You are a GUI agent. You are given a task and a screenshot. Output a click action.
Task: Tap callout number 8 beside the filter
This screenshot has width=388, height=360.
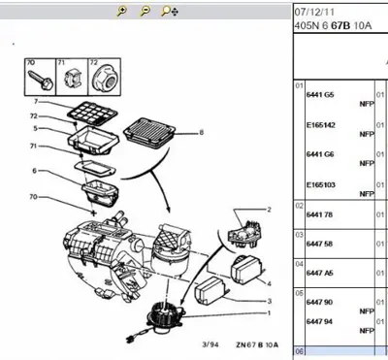[201, 131]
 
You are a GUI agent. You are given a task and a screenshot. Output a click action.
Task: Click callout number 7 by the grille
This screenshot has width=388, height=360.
[37, 101]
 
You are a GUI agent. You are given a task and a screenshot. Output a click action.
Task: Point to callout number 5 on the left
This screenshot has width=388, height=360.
[36, 127]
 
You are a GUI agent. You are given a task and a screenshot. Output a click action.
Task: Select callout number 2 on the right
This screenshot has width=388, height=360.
[268, 210]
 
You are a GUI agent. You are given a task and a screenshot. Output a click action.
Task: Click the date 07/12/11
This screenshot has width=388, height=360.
[313, 12]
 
